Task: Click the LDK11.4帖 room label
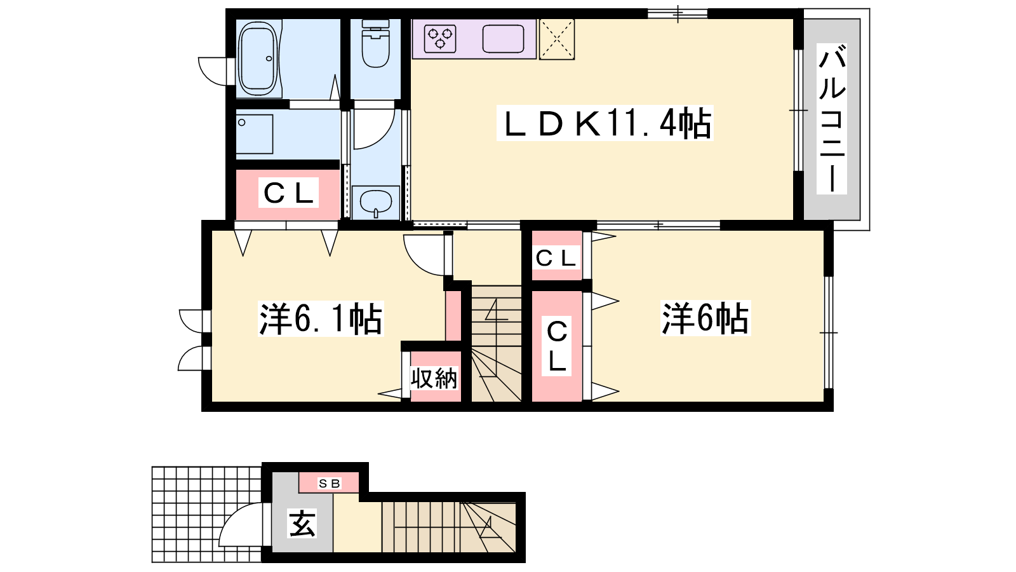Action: [605, 123]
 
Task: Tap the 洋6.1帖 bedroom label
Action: [321, 318]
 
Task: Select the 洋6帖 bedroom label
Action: [705, 318]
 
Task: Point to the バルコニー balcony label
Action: [832, 119]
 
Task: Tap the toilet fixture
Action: [375, 44]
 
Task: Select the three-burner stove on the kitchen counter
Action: [440, 39]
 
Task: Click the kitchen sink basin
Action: [503, 39]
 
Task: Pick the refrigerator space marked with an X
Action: [556, 39]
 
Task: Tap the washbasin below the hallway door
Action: [375, 203]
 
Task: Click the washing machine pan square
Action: [255, 134]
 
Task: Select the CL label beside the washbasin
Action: [288, 193]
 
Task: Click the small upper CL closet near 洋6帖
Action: [556, 258]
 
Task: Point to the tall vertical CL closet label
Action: [557, 346]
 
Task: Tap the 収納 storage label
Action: [434, 378]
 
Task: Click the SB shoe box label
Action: [330, 484]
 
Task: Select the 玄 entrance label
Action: [302, 524]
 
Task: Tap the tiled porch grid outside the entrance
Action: [207, 515]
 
